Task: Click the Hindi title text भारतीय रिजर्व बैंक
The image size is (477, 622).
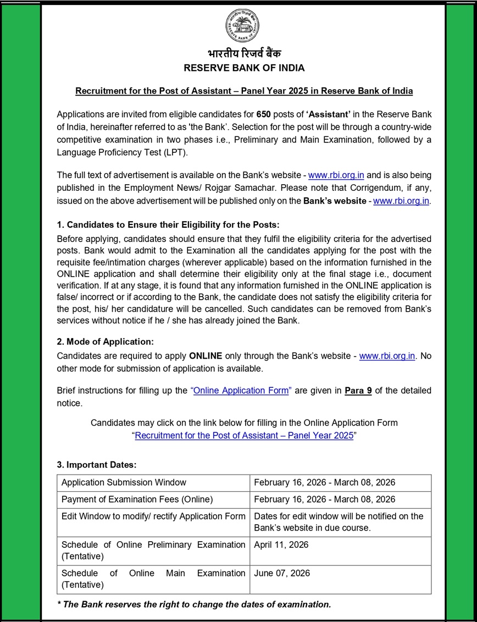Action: coord(244,54)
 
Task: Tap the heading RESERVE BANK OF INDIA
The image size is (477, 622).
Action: coord(244,68)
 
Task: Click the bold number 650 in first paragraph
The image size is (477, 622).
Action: coord(264,114)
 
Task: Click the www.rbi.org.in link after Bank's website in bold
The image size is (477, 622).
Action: coord(401,201)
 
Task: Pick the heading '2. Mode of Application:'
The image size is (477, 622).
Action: coord(106,342)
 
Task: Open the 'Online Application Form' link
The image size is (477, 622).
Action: coord(241,390)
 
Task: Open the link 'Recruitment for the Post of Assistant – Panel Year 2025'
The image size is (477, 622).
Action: coord(244,435)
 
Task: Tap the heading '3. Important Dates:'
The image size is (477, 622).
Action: coord(97,465)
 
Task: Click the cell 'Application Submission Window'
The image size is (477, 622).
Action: coord(124,482)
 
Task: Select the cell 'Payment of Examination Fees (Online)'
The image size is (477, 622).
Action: coord(137,499)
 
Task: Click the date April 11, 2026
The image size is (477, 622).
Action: coord(281,544)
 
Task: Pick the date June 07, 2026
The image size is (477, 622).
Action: coord(282,573)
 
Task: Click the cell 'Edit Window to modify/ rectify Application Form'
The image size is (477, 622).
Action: coord(153,516)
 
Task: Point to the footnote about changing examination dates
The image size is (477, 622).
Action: coord(194,604)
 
